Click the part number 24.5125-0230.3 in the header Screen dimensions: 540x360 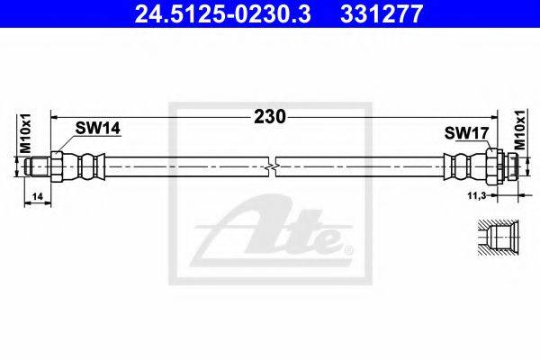coord(223,13)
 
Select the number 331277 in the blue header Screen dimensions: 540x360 coord(382,13)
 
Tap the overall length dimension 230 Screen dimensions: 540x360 coord(270,117)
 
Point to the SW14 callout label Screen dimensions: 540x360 coord(98,129)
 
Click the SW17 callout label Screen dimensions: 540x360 coord(466,133)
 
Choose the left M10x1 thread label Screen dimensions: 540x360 coord(25,133)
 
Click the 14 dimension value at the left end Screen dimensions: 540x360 coord(37,196)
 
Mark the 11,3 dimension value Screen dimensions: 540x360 coord(476,195)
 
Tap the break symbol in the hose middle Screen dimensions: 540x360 coord(272,167)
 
